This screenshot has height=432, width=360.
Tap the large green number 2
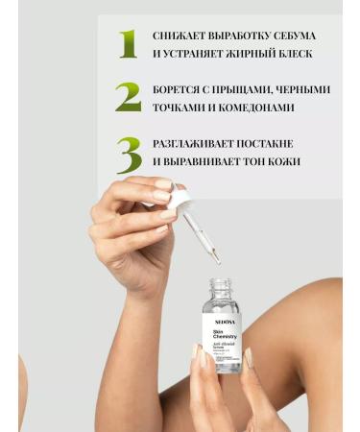(x=128, y=97)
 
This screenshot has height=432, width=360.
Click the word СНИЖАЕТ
(x=180, y=36)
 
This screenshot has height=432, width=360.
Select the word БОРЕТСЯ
(x=178, y=89)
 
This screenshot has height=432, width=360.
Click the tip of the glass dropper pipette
(x=218, y=260)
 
